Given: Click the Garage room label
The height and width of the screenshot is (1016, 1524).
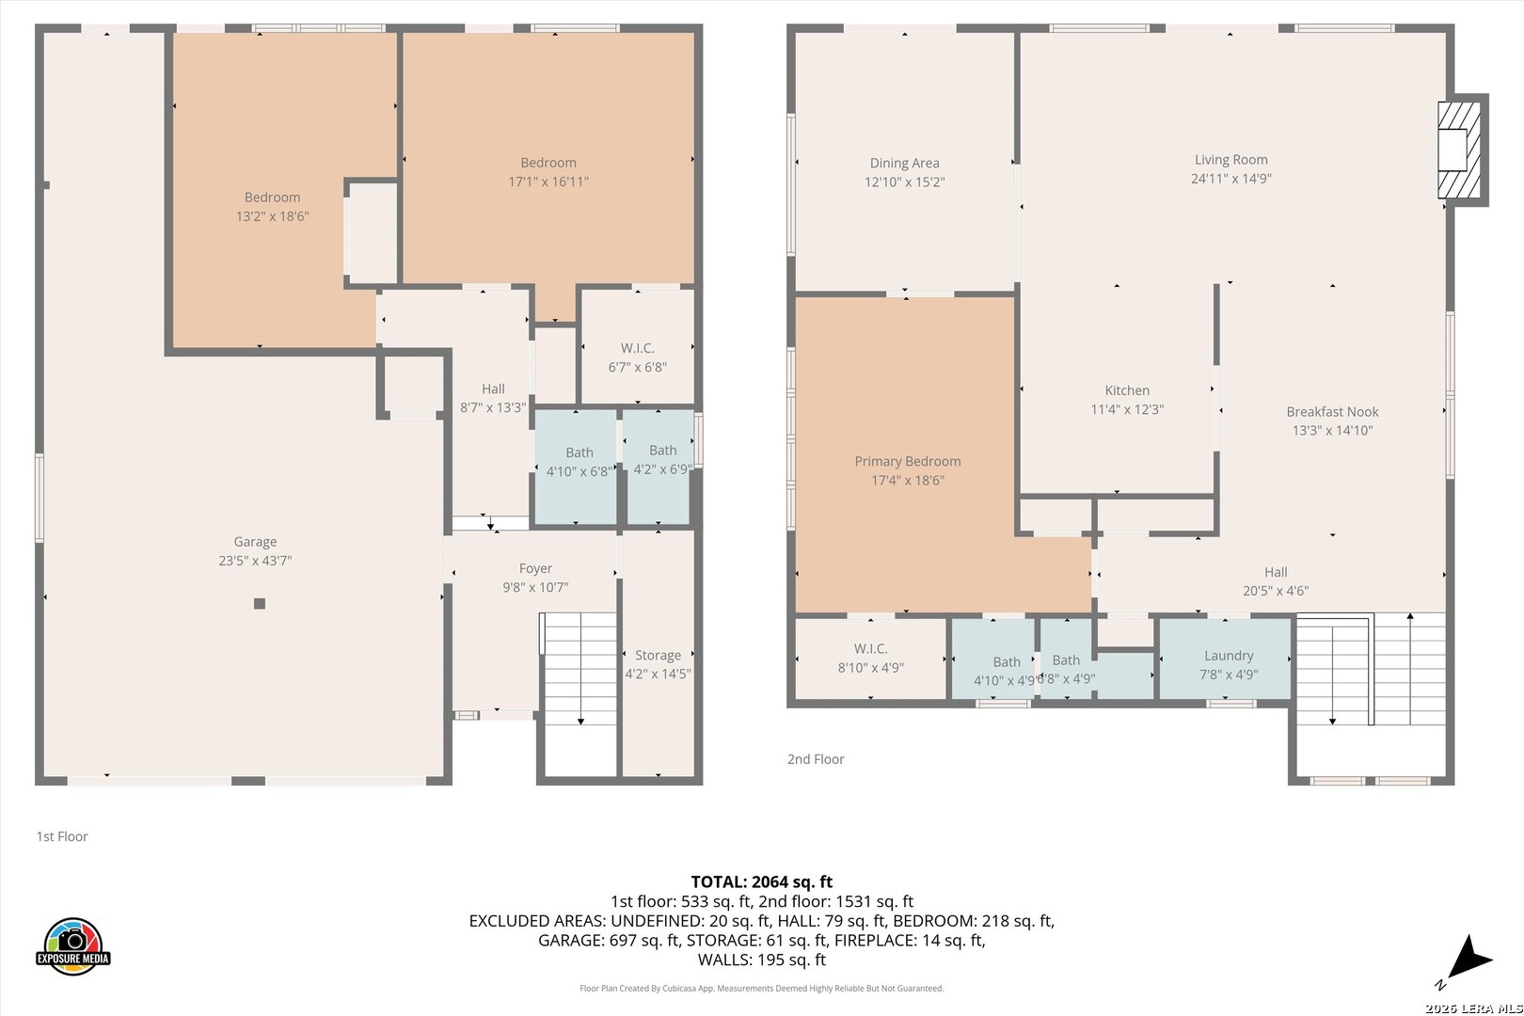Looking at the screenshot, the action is [255, 542].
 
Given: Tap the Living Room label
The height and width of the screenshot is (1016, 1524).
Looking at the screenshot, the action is [1231, 160].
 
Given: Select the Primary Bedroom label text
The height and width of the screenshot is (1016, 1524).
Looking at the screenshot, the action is [908, 461].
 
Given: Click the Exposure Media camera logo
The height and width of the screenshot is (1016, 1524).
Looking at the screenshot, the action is [72, 945].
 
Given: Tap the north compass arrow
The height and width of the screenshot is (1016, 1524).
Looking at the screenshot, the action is [1468, 959].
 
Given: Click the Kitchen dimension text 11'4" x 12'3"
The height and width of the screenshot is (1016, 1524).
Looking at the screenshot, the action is [1127, 409].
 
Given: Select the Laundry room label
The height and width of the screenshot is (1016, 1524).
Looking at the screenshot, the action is [1229, 656].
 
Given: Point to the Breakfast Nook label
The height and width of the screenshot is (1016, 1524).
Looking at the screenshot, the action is [1332, 412].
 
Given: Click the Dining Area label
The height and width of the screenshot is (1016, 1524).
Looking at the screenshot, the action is [904, 164].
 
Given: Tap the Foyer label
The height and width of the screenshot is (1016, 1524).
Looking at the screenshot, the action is [535, 568].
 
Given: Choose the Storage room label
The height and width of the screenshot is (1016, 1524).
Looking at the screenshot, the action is [658, 656].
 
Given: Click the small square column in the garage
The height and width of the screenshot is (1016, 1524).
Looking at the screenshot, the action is [260, 604].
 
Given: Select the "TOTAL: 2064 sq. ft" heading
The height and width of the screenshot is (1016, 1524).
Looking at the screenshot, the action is [762, 881].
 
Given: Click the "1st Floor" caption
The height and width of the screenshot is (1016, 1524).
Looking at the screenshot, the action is [62, 836].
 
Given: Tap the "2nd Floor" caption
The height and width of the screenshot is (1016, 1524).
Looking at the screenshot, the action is [816, 759].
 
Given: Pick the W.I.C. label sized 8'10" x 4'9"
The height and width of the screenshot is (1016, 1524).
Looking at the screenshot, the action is [871, 648].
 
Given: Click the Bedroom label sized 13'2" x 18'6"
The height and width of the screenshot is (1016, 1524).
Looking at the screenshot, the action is [272, 198].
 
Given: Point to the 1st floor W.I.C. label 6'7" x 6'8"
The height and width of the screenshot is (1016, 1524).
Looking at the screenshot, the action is [638, 348].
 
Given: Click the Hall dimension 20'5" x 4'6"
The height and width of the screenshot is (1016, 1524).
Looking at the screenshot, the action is [1276, 591].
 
